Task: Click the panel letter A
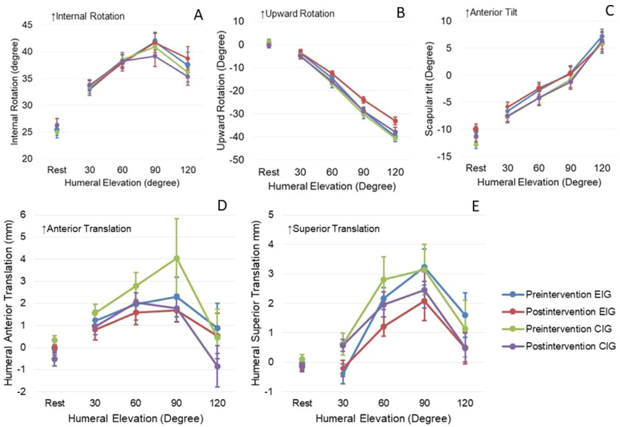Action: [x=198, y=15]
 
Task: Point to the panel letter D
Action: [x=222, y=205]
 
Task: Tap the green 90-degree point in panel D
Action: [x=176, y=258]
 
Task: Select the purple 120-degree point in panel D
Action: [x=217, y=366]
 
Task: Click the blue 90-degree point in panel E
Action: [x=424, y=267]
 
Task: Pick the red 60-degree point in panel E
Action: [x=384, y=327]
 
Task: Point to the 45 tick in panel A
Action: [x=27, y=25]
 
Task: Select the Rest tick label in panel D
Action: [x=55, y=403]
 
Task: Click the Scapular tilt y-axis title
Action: [x=429, y=89]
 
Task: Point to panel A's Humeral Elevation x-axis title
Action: [x=122, y=183]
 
